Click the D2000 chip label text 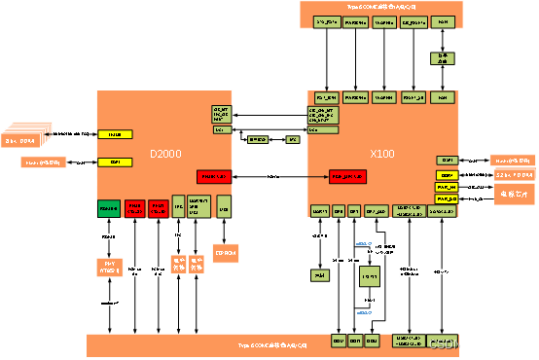coord(166,155)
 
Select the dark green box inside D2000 coord(109,207)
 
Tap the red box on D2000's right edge coord(214,176)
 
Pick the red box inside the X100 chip coord(347,176)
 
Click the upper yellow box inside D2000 coord(115,133)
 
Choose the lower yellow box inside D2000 coord(115,162)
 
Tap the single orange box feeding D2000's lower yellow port coord(44,162)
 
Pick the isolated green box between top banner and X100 coord(443,59)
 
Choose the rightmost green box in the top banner coord(443,21)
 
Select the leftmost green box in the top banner coord(327,21)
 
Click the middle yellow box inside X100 coord(446,175)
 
